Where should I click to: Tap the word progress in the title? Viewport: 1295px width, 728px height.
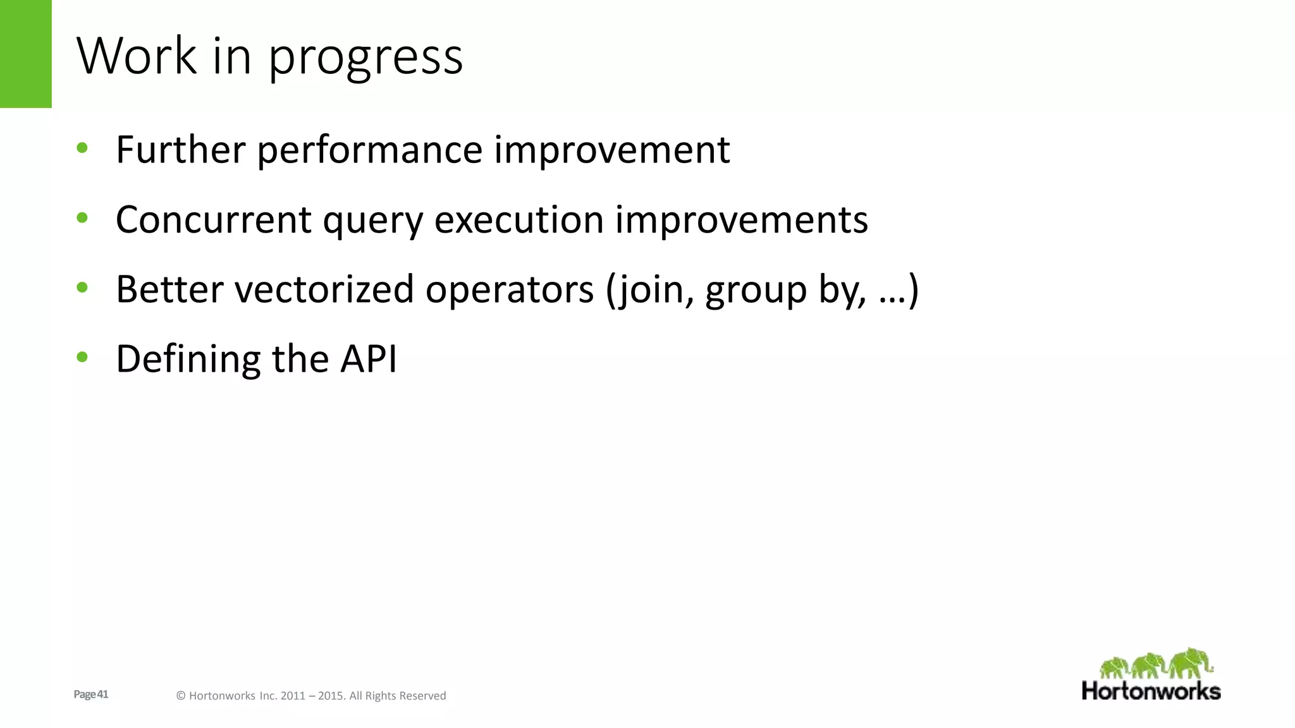365,58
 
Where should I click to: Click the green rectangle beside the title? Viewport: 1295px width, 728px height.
25,54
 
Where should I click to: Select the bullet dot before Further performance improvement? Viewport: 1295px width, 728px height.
82,149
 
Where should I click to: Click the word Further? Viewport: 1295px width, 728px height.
180,150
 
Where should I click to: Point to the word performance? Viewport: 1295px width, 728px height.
370,152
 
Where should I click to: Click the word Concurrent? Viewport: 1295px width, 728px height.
214,220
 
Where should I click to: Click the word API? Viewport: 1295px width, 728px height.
369,359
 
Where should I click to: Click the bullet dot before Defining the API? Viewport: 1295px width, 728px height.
82,357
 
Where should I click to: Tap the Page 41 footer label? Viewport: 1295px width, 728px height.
91,695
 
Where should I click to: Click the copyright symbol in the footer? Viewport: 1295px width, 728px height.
181,696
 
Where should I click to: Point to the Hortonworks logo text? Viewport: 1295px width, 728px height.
1151,691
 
